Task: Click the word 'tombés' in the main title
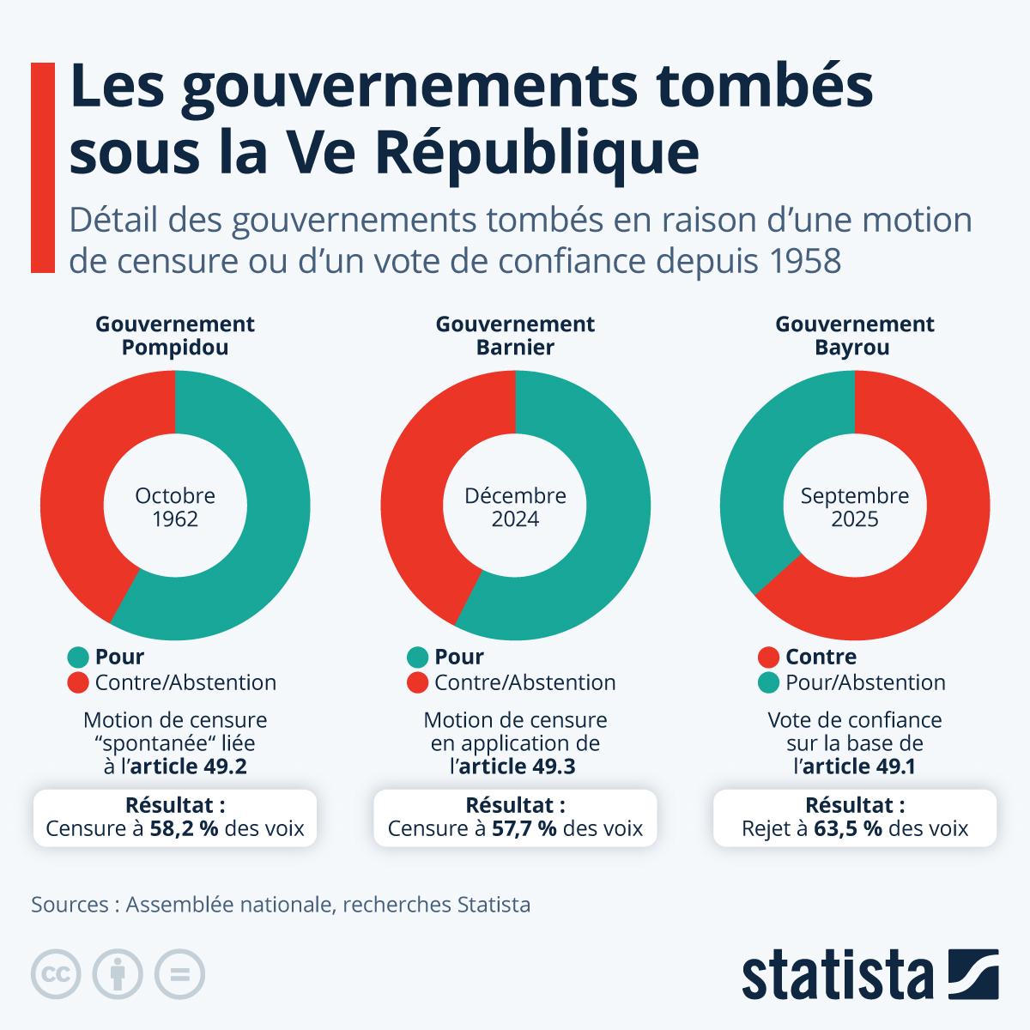[764, 86]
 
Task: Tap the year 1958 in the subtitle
[806, 261]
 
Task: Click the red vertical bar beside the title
[42, 167]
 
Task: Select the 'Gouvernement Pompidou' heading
[175, 336]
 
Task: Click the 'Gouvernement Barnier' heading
[515, 336]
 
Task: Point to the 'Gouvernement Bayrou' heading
[854, 336]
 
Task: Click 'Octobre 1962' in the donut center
[175, 507]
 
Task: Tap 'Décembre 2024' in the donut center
[515, 507]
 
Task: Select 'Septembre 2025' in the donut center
[854, 507]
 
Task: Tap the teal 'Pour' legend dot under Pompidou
[78, 657]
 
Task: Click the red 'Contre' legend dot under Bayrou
[769, 657]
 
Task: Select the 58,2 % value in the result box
[184, 829]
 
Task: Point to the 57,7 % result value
[524, 829]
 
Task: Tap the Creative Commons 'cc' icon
[56, 974]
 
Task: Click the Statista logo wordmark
[837, 975]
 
